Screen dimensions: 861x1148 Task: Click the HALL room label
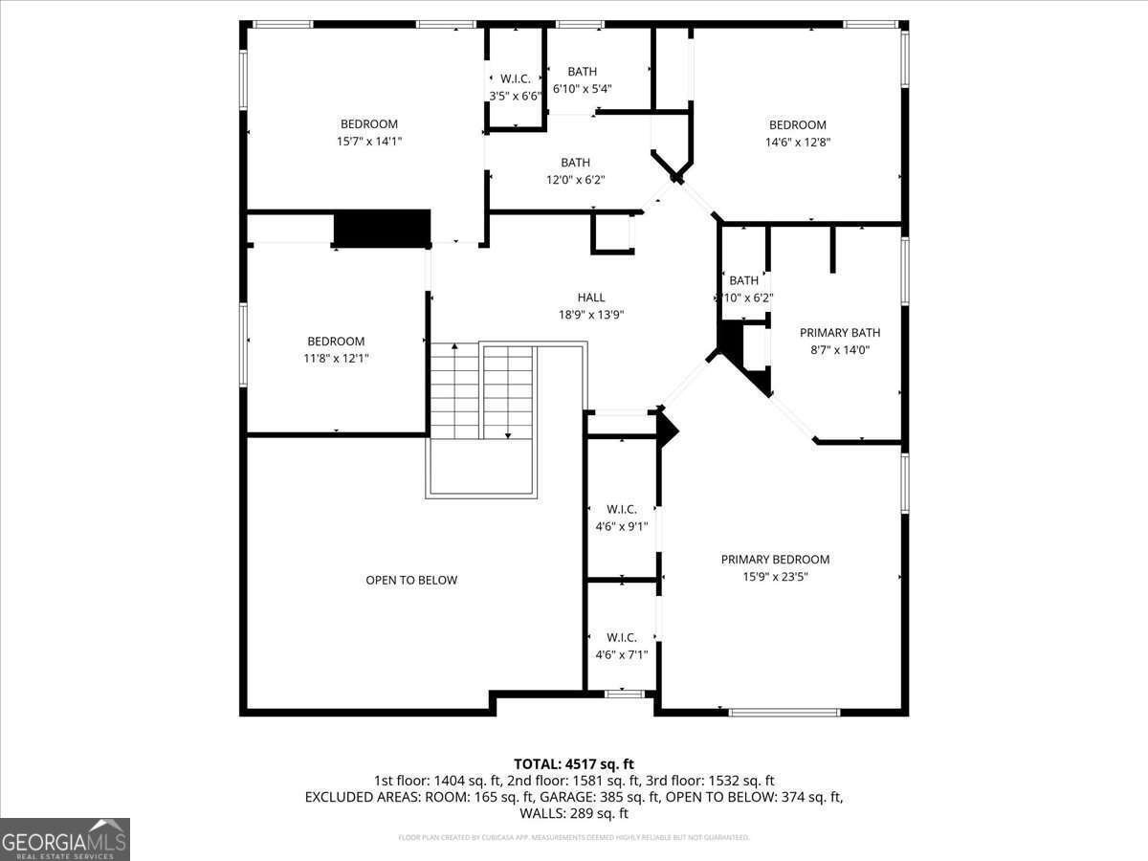pyautogui.click(x=590, y=298)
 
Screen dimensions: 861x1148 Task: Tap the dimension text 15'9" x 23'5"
pyautogui.click(x=775, y=577)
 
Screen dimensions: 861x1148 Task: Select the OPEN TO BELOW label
pyautogui.click(x=411, y=580)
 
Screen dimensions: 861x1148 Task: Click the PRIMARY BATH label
pyautogui.click(x=840, y=333)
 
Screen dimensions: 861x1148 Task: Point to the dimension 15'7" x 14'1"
pyautogui.click(x=368, y=142)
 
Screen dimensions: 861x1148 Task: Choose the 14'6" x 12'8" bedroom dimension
pyautogui.click(x=797, y=143)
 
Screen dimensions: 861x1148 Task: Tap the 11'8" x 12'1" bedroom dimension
pyautogui.click(x=335, y=359)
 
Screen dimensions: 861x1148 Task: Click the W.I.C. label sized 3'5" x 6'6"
pyautogui.click(x=515, y=78)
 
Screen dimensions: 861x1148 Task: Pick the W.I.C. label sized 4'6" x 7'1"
pyautogui.click(x=621, y=637)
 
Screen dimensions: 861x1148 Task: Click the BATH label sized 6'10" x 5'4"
pyautogui.click(x=582, y=72)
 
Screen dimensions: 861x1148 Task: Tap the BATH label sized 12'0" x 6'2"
pyautogui.click(x=575, y=163)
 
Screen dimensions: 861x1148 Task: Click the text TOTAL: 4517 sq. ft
pyautogui.click(x=573, y=763)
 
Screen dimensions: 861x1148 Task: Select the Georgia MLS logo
pyautogui.click(x=65, y=839)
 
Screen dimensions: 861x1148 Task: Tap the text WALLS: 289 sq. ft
pyautogui.click(x=573, y=814)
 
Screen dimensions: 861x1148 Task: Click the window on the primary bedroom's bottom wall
pyautogui.click(x=784, y=712)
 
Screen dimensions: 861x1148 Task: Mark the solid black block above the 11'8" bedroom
pyautogui.click(x=382, y=230)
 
